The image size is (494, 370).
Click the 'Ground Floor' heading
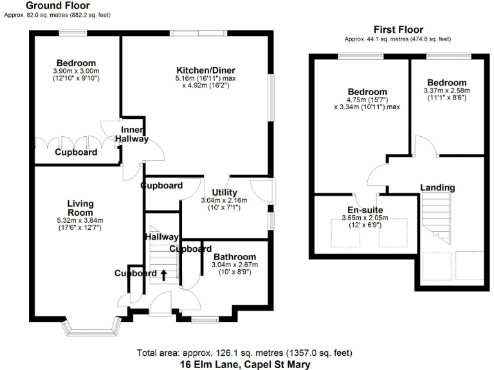(53, 5)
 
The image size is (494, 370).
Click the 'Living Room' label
(80, 208)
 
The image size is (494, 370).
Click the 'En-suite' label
(365, 209)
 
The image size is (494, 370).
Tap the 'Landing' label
(437, 188)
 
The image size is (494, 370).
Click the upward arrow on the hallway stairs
(163, 274)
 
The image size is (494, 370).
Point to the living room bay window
(93, 328)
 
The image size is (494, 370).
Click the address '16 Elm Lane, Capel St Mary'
(245, 364)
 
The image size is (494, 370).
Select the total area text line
(245, 353)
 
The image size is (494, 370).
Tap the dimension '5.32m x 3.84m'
(80, 221)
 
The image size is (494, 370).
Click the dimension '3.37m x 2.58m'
(446, 91)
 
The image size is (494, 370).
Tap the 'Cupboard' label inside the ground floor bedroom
(76, 152)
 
